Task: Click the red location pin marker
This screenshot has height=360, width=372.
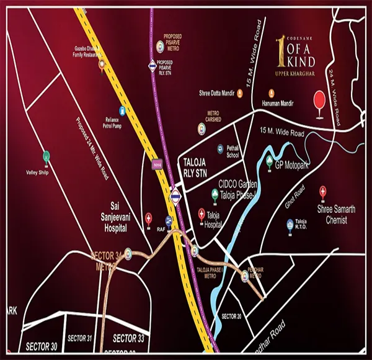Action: tap(319, 101)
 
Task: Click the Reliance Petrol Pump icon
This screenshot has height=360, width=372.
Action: tap(123, 112)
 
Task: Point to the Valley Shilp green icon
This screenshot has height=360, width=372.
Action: tap(46, 157)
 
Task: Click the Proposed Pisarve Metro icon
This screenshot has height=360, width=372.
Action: tap(159, 45)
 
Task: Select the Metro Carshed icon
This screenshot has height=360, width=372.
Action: tap(201, 128)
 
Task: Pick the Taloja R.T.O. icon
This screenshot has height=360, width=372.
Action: tap(288, 223)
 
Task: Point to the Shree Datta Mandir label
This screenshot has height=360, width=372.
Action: tap(215, 93)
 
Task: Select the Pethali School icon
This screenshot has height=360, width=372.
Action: tap(220, 148)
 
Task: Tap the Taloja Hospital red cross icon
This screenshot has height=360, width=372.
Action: tap(201, 214)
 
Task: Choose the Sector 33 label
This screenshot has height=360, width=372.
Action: tap(128, 338)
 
